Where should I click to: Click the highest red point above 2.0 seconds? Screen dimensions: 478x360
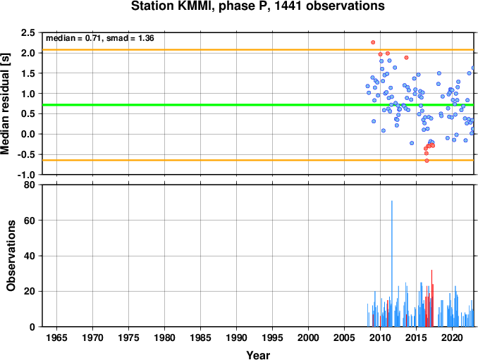(373, 42)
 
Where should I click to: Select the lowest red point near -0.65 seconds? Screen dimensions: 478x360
(427, 161)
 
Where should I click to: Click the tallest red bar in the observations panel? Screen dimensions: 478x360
(431, 298)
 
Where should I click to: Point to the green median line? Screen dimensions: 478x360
(258, 105)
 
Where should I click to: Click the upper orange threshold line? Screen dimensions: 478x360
(258, 49)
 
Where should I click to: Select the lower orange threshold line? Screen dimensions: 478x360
(258, 160)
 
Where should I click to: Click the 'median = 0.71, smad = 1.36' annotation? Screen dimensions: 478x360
(100, 38)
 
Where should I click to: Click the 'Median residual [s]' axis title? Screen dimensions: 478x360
(5, 104)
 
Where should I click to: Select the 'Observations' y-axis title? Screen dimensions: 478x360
(11, 256)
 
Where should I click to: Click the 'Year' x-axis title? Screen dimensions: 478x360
(258, 355)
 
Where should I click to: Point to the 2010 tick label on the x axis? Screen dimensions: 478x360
(380, 337)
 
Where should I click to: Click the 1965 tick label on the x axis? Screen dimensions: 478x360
(56, 337)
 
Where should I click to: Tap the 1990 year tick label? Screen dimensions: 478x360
(237, 337)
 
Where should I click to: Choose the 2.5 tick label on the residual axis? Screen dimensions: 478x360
(28, 32)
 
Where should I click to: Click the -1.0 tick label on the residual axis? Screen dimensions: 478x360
(26, 175)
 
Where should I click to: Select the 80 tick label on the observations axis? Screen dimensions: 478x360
(30, 185)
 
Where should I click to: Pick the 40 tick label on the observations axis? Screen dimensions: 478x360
(30, 256)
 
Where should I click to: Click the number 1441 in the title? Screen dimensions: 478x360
(289, 6)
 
